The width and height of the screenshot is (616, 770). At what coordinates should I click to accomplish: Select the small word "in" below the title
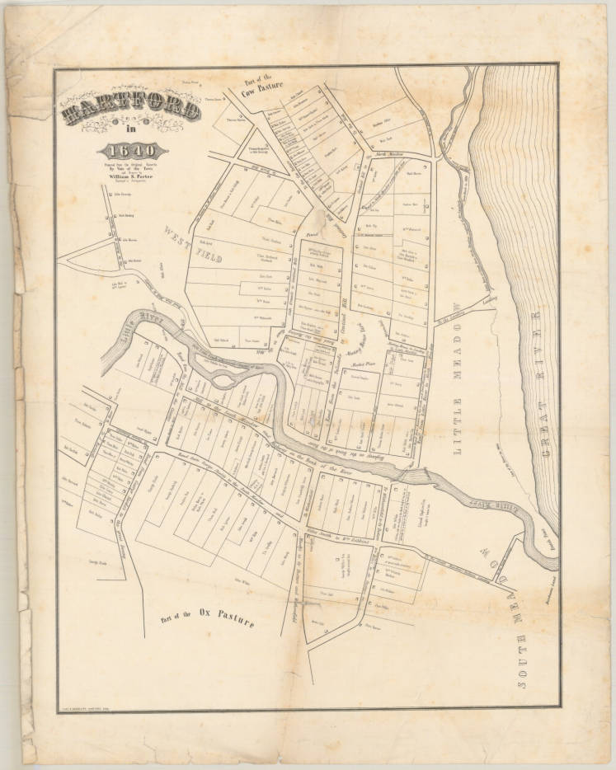click(129, 132)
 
